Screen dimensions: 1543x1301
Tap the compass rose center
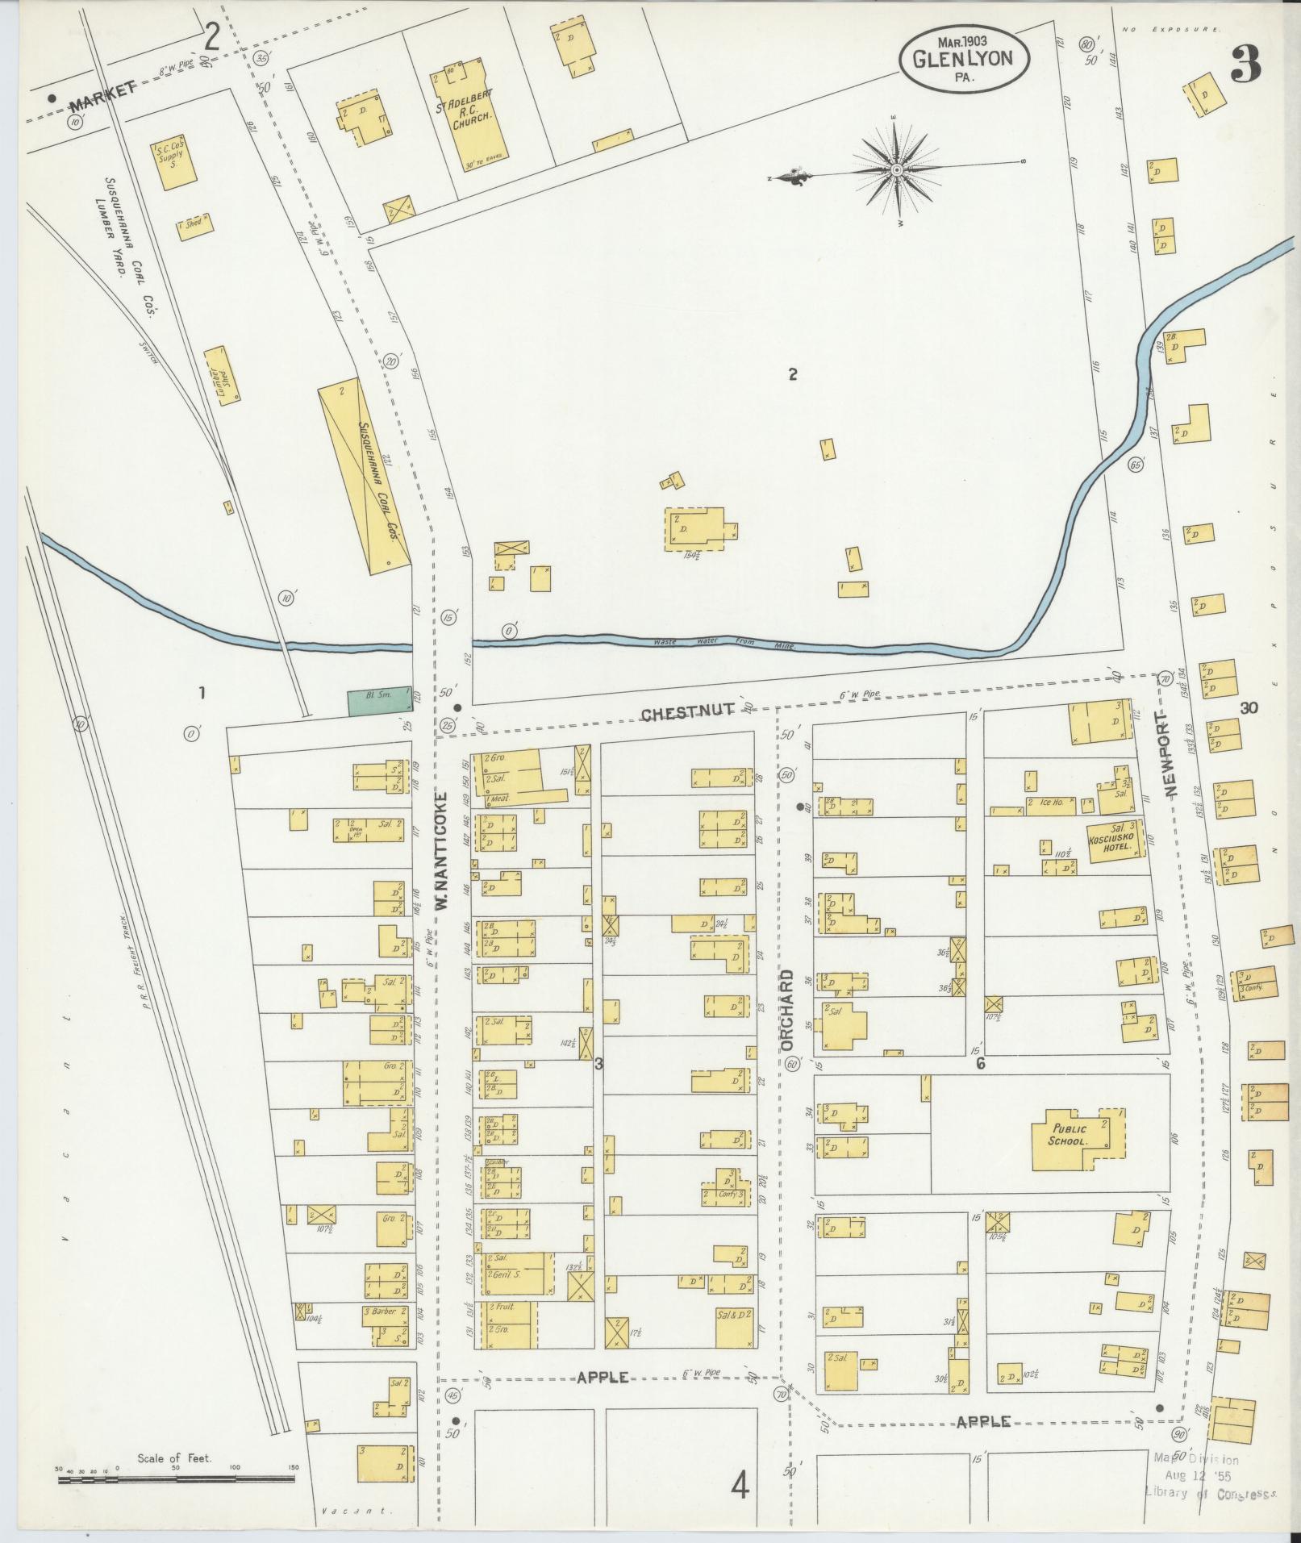click(x=897, y=170)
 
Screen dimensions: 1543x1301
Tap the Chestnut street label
click(x=687, y=711)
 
